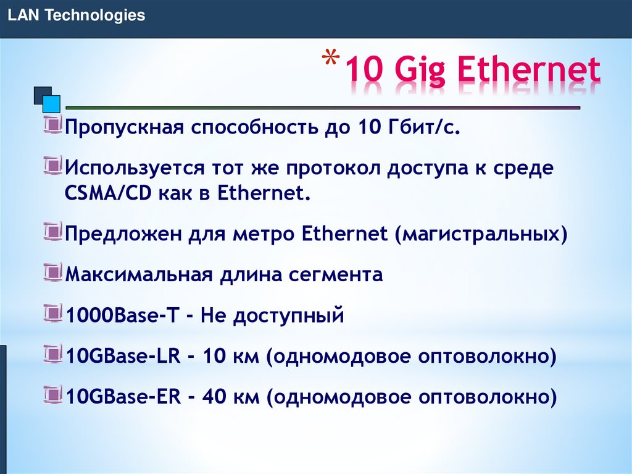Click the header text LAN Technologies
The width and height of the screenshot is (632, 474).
coord(77,15)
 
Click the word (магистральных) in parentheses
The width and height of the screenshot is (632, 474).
coord(483,234)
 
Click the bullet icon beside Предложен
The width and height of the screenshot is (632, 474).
coord(54,232)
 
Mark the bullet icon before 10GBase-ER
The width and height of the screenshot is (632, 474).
coord(54,394)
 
